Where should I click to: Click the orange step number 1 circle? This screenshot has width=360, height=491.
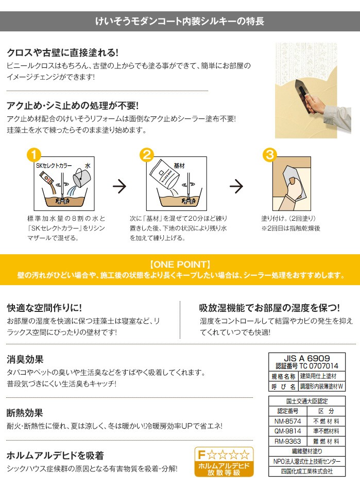coord(34,155)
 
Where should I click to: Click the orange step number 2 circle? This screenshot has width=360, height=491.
coord(147,155)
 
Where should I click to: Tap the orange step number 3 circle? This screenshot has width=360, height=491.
coord(270,155)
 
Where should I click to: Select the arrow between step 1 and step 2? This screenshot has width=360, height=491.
coord(119,186)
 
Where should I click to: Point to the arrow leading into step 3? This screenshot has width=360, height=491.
coord(236,186)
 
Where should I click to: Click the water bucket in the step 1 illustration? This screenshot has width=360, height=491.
coord(81,178)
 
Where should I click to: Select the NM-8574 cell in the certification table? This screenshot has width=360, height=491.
coord(287,421)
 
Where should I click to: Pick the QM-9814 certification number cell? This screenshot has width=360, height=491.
coord(287,431)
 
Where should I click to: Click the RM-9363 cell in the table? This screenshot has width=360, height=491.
coord(287,441)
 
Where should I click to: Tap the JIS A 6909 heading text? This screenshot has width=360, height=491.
coord(307,358)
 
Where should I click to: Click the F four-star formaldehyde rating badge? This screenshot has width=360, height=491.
coord(224,462)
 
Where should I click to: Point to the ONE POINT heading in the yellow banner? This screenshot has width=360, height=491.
coord(180,265)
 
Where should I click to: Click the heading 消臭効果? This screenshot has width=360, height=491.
coord(25,359)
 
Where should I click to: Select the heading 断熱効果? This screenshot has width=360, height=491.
coord(25,413)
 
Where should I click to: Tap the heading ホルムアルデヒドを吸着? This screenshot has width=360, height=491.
coord(55,455)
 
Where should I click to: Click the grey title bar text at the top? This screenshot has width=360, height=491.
coord(180,21)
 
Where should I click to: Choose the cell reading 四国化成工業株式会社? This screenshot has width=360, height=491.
coord(307,471)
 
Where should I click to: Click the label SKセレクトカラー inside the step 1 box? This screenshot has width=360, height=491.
coord(54,166)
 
